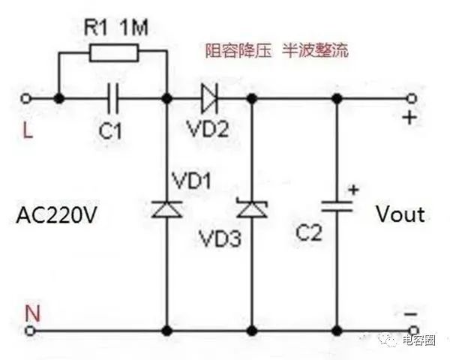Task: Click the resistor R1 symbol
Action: pos(113,52)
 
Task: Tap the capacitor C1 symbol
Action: pos(113,97)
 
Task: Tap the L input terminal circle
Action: pos(28,97)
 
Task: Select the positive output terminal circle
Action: pos(411,97)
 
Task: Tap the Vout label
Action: pos(400,214)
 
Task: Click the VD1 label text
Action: pos(191,181)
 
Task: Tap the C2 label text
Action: pos(307,233)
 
